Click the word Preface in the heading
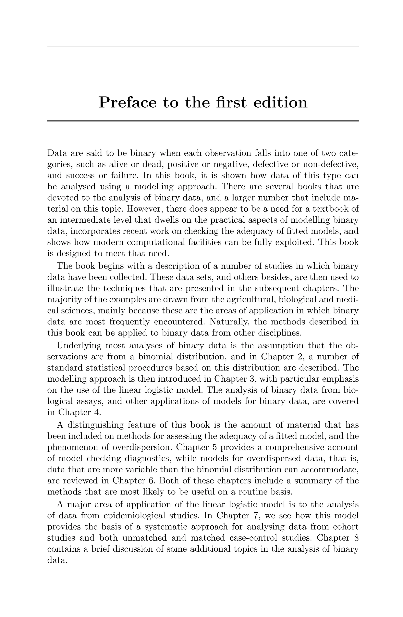click(128, 102)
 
